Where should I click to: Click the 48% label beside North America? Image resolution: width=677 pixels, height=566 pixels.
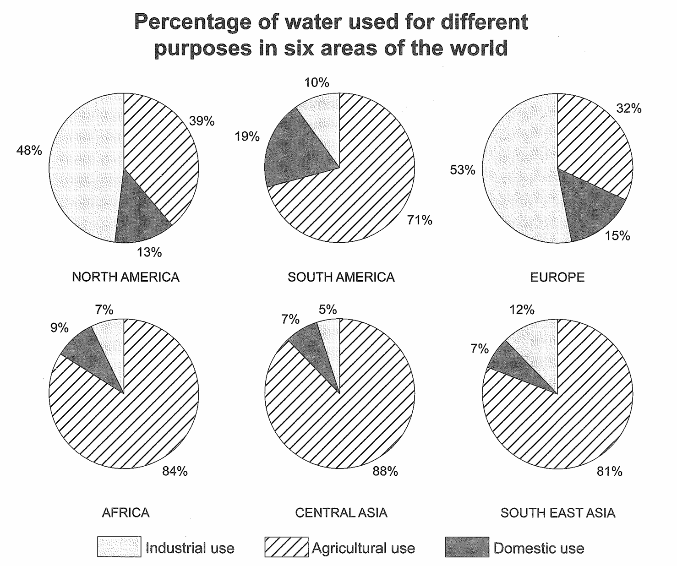coord(29,150)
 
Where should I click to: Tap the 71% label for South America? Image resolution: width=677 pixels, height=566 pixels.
coord(420,220)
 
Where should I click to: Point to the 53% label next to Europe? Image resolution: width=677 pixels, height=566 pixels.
coord(462,170)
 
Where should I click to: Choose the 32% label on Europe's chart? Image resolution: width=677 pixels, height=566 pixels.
coord(628,109)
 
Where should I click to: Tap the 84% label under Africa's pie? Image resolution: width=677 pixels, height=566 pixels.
coord(175,471)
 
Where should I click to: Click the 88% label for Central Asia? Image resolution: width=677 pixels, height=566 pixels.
coord(385,471)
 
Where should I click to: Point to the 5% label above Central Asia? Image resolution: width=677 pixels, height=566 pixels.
coord(328,310)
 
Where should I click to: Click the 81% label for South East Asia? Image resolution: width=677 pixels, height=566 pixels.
coord(609,471)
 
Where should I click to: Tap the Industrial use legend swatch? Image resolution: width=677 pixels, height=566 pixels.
coord(119,547)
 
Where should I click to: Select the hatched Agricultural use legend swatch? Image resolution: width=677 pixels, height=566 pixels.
coord(286,547)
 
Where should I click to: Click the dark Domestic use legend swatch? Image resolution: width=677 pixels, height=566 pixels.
coord(467,547)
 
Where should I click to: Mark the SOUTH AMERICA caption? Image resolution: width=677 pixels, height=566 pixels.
coord(341,277)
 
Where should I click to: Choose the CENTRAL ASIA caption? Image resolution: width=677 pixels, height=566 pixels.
coord(341,512)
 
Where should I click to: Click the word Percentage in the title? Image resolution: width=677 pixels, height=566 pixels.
coord(192,22)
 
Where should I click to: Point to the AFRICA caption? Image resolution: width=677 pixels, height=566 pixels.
coord(126,512)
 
